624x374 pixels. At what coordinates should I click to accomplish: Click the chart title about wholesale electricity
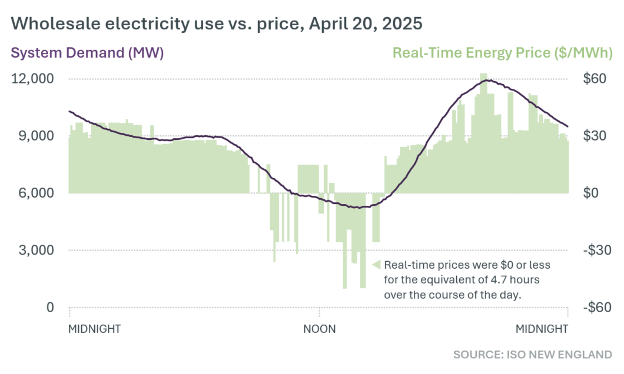(217, 24)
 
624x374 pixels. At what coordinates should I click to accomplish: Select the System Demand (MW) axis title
(87, 53)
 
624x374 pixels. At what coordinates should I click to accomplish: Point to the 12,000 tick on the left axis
(33, 79)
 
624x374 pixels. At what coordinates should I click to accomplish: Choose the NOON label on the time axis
(320, 329)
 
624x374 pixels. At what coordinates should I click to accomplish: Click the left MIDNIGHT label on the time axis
(95, 329)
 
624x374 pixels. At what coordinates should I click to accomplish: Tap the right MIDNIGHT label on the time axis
(542, 329)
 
